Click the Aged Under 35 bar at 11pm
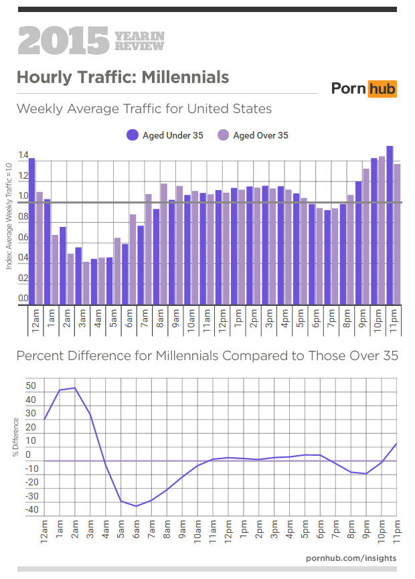(390, 225)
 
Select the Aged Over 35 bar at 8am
(163, 244)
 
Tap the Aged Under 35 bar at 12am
(31, 231)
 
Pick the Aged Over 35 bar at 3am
(86, 283)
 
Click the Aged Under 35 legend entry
(165, 135)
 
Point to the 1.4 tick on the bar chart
(23, 156)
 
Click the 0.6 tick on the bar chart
(23, 238)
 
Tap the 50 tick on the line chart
(31, 386)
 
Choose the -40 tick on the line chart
(31, 510)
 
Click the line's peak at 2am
(75, 388)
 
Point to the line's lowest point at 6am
(137, 506)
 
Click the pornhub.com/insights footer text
(351, 558)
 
